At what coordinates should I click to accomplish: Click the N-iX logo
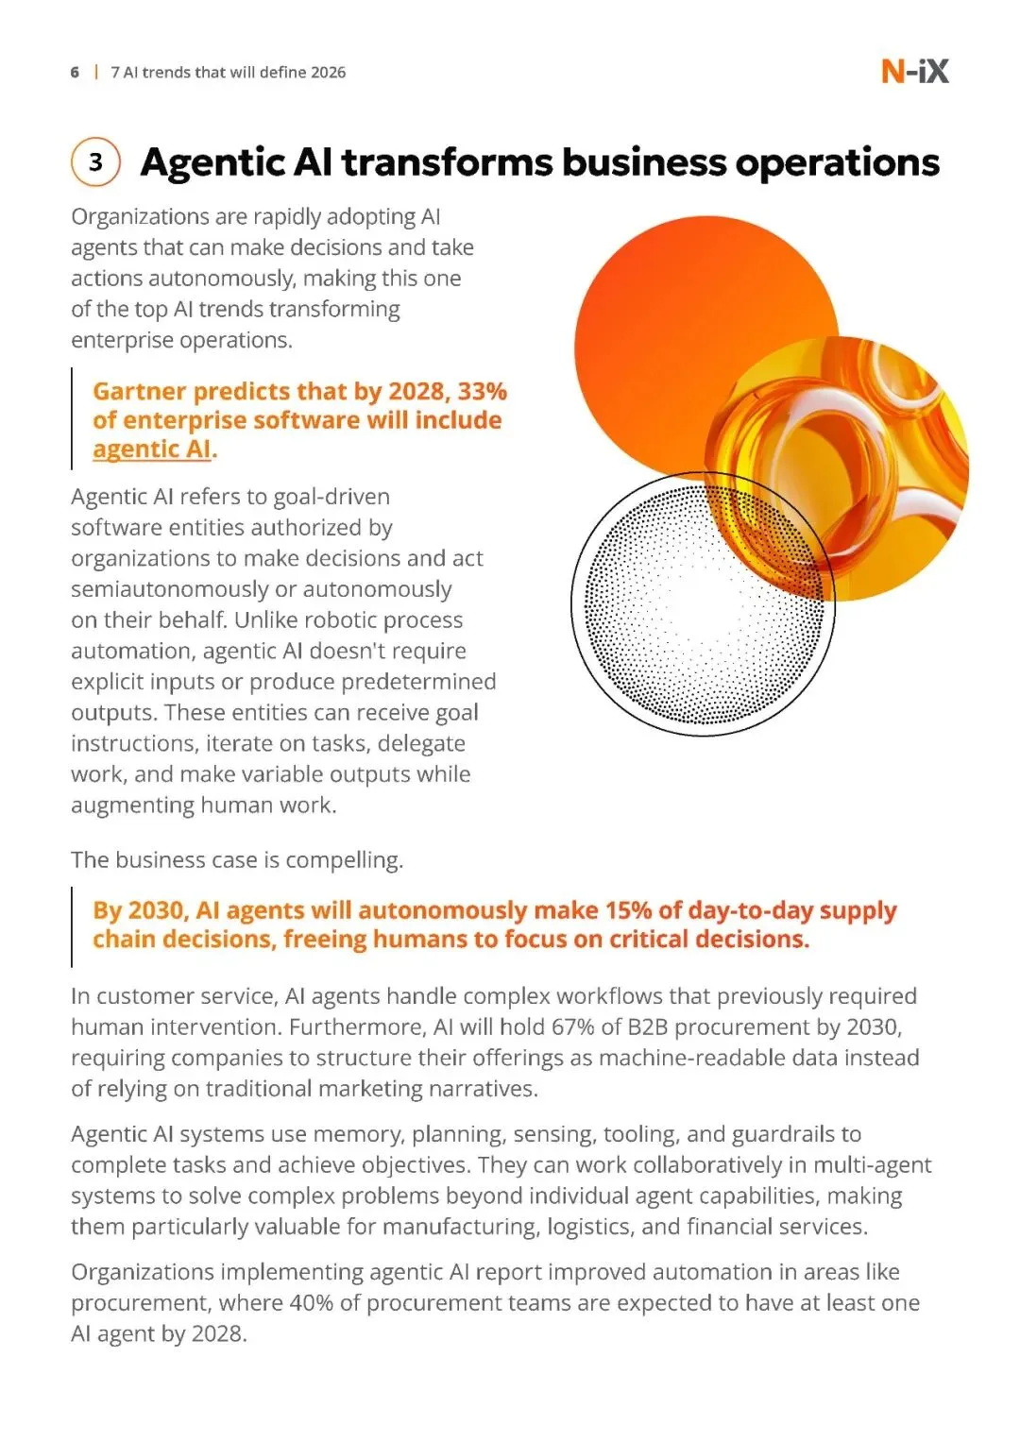click(x=914, y=72)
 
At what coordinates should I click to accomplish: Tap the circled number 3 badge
click(x=95, y=162)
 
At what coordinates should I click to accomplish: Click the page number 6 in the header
click(x=75, y=73)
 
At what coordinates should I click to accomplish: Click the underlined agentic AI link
click(x=152, y=450)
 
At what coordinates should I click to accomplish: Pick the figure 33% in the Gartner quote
click(x=483, y=391)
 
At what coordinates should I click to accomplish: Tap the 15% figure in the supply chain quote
click(x=628, y=910)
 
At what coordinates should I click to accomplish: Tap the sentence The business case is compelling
click(x=237, y=860)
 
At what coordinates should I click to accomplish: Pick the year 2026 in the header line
click(x=328, y=73)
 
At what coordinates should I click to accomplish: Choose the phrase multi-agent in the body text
click(x=873, y=1165)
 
